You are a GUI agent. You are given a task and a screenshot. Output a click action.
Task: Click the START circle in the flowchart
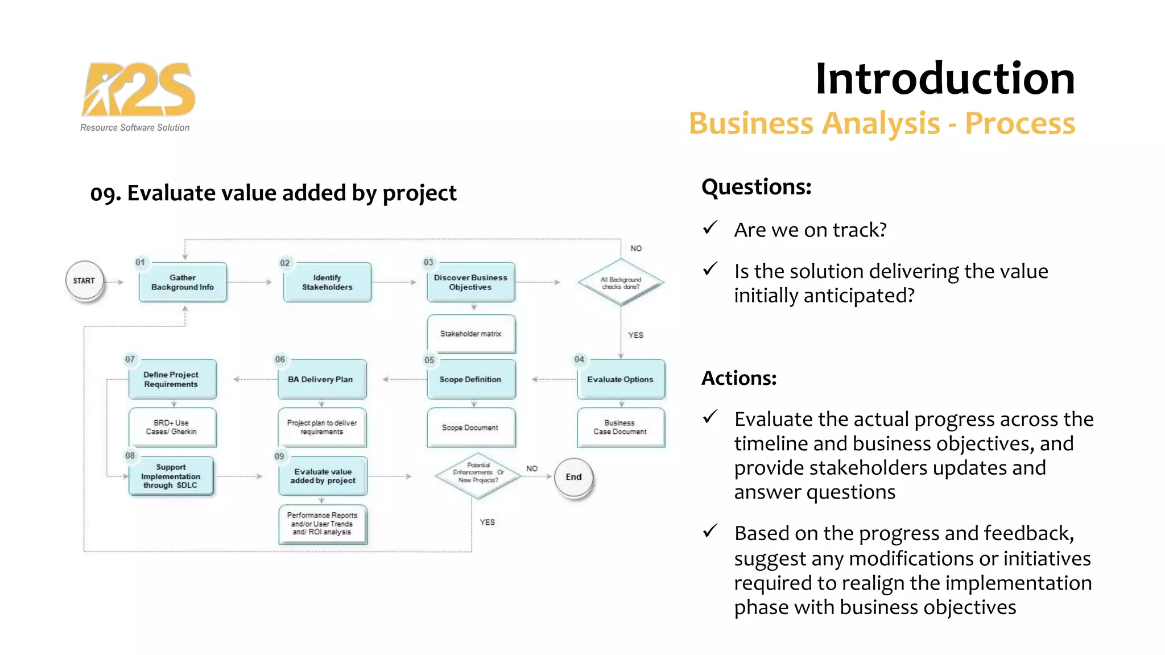(x=84, y=281)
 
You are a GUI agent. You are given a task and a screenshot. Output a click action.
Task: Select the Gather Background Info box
(x=183, y=282)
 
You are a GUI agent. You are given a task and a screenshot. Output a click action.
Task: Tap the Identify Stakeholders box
(x=327, y=282)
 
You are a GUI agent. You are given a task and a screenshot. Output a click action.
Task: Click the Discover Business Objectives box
(x=470, y=282)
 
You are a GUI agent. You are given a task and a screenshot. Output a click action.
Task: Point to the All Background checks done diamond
(x=621, y=283)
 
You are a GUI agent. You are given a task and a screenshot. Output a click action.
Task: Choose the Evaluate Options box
(x=621, y=379)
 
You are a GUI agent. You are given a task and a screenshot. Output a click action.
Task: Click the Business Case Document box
(x=621, y=427)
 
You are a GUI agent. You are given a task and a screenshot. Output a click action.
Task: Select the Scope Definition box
(x=470, y=379)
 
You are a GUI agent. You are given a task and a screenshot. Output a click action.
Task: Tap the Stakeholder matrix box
(x=470, y=334)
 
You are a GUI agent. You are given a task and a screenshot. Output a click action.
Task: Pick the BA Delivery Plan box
(x=321, y=379)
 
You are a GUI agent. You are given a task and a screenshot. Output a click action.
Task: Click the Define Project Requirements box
(x=172, y=379)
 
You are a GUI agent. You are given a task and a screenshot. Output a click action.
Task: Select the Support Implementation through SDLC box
(x=171, y=476)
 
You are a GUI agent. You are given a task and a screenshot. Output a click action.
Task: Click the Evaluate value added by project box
(x=323, y=476)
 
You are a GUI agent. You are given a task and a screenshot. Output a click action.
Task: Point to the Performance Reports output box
(x=322, y=524)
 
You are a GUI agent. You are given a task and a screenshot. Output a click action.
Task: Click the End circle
(x=573, y=478)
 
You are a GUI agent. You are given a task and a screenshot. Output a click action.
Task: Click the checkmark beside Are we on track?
(x=710, y=229)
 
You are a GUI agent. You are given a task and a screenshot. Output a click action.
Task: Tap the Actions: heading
(x=738, y=378)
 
